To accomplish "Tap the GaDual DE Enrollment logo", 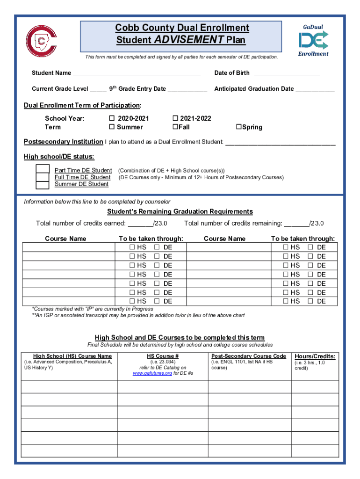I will (313, 41).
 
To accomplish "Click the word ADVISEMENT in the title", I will (189, 40).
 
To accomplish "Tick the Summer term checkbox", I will (112, 127).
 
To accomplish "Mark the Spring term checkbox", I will (238, 127).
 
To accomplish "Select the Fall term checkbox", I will (175, 127).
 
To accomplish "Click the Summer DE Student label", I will (81, 184).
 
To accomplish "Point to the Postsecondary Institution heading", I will (63, 142).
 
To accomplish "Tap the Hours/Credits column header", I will (315, 356).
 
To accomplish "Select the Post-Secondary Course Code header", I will (249, 356).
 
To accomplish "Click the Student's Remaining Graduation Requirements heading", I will (180, 211).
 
